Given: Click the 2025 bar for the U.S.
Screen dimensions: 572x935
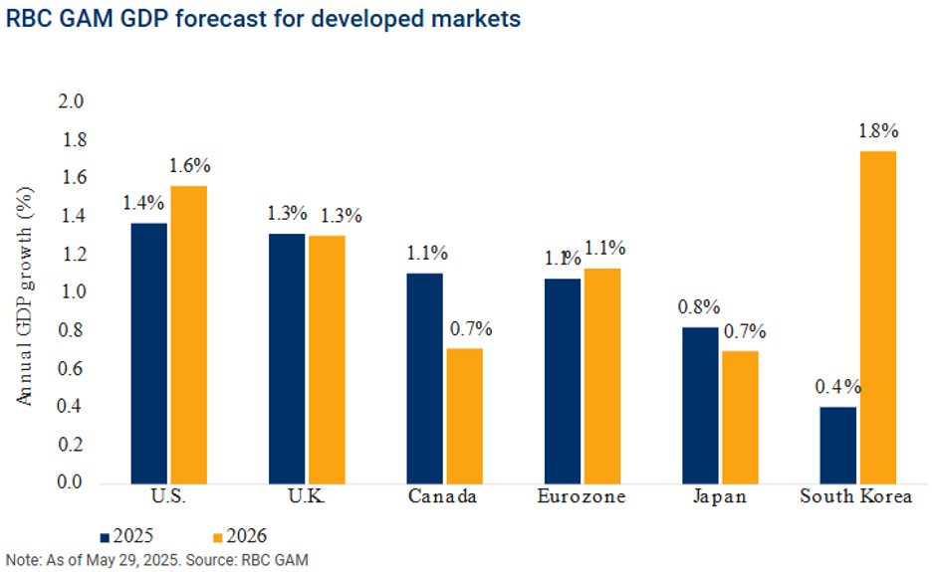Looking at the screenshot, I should pyautogui.click(x=149, y=353).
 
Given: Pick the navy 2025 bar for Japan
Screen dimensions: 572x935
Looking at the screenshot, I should pyautogui.click(x=701, y=405).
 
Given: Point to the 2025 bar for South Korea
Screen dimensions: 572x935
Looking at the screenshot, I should pyautogui.click(x=838, y=445).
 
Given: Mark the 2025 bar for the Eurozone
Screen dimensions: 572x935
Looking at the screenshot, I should pyautogui.click(x=563, y=380).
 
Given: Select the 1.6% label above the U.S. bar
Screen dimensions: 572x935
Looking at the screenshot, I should pyautogui.click(x=189, y=166).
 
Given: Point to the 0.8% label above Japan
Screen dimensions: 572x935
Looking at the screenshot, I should pyautogui.click(x=699, y=307).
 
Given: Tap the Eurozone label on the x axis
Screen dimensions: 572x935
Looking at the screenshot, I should pyautogui.click(x=582, y=497).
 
